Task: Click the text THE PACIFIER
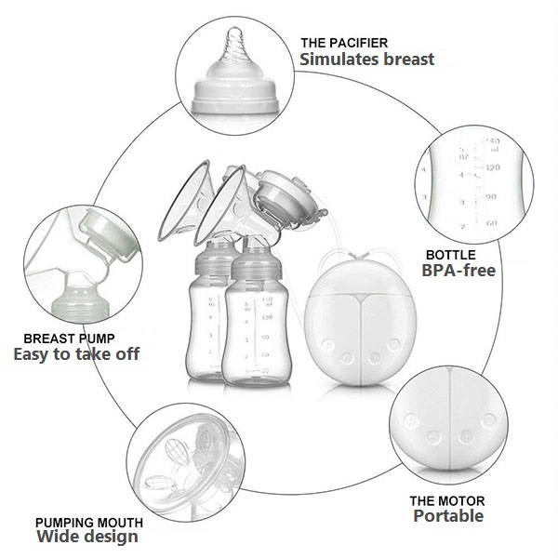coord(343,43)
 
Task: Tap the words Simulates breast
coord(366,60)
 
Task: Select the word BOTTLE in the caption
coord(451,254)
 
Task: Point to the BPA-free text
coord(458,271)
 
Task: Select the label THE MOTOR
coord(447,500)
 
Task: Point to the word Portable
coord(448,517)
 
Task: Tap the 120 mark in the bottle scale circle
coord(492,168)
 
